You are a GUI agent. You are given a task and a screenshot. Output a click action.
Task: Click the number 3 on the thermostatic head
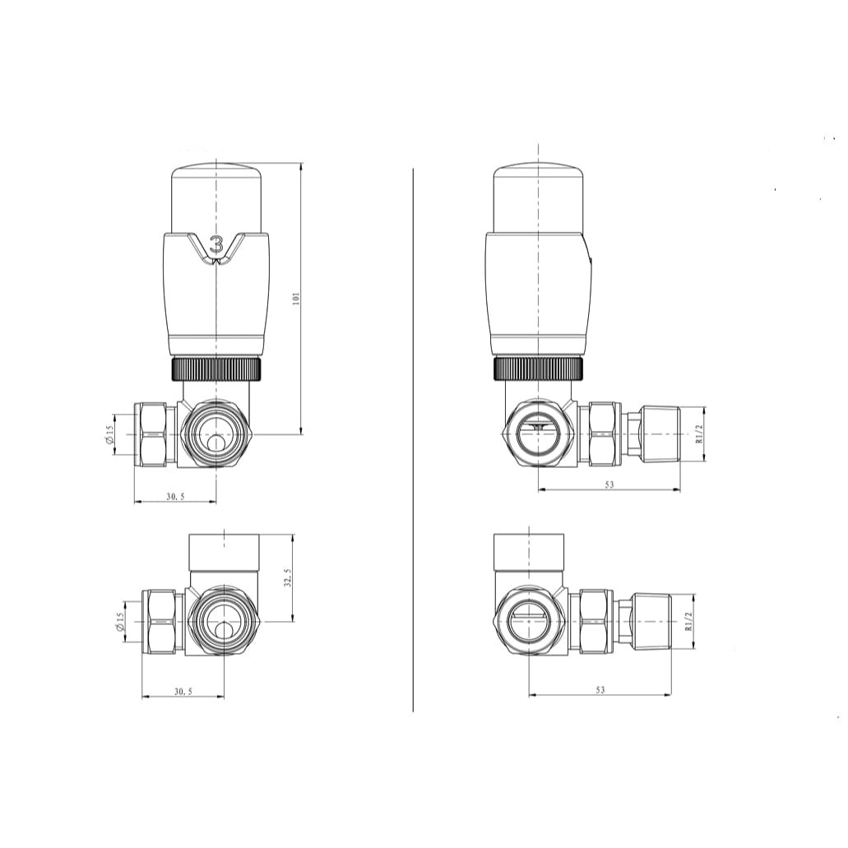click(217, 244)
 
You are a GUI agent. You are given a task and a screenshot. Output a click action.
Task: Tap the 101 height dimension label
click(296, 298)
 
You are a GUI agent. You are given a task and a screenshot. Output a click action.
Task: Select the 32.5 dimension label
click(287, 578)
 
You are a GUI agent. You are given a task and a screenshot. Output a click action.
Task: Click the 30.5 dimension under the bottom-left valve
click(183, 692)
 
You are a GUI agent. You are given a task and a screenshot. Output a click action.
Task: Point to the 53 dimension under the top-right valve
click(609, 484)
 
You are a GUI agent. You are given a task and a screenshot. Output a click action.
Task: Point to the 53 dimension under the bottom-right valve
click(600, 690)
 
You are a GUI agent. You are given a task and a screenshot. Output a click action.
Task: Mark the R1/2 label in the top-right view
click(698, 433)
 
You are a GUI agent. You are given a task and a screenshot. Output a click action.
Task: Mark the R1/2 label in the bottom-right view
click(688, 621)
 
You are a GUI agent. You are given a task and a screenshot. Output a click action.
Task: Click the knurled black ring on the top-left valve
click(216, 368)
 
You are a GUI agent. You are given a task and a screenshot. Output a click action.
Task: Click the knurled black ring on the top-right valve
click(538, 368)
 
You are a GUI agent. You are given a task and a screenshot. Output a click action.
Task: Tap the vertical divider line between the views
click(412, 436)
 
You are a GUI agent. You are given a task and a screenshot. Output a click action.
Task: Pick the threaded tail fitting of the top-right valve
click(660, 433)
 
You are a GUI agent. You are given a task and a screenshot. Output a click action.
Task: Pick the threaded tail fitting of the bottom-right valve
click(651, 621)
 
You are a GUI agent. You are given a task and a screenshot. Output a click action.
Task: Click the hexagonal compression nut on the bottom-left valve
click(162, 622)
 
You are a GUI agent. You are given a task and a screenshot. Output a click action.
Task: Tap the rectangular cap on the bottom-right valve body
click(529, 553)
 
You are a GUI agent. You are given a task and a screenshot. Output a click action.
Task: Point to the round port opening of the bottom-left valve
click(224, 621)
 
